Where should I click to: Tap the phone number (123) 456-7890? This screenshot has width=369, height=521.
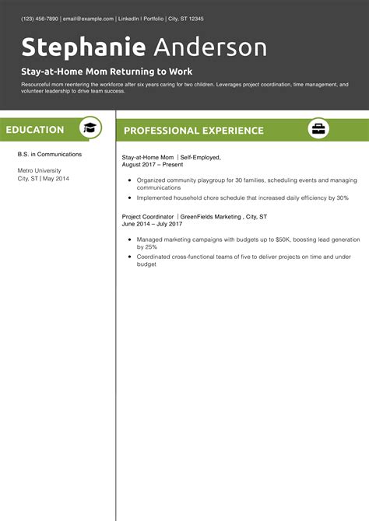(40, 18)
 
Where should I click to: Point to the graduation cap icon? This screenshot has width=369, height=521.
(91, 128)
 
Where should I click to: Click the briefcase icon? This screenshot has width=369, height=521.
(318, 128)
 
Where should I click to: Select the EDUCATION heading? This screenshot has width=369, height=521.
(35, 130)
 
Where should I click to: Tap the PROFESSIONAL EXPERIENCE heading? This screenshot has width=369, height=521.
(193, 131)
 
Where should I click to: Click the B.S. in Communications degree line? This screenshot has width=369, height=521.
(49, 154)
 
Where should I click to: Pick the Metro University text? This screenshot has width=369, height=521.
(39, 170)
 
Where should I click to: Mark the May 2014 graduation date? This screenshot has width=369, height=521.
(56, 179)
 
